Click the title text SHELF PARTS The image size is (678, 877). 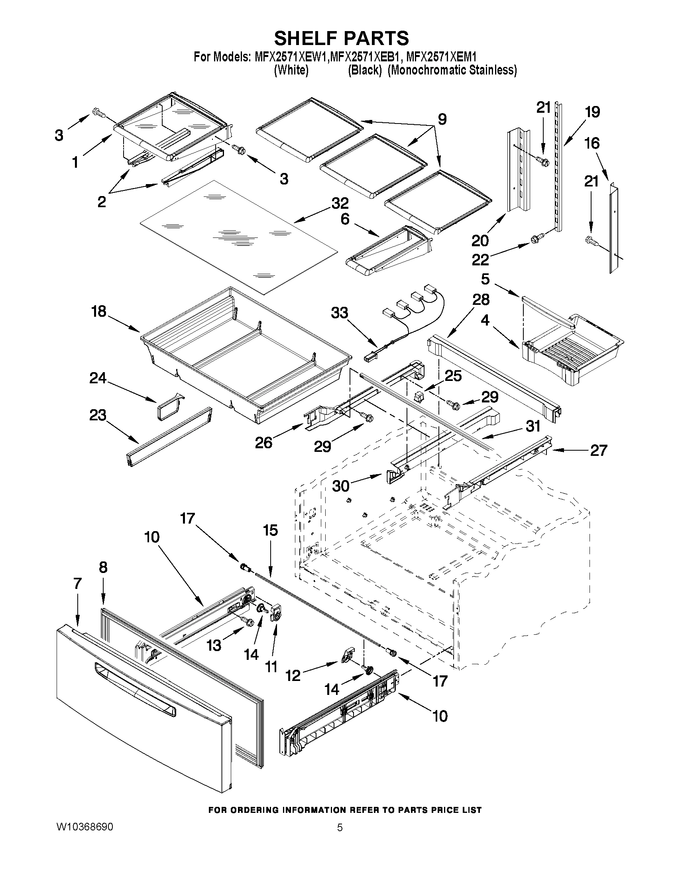click(342, 39)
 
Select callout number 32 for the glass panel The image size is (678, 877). click(340, 203)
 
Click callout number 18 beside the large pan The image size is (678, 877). click(98, 311)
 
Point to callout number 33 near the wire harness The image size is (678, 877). click(340, 313)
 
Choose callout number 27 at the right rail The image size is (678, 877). click(598, 450)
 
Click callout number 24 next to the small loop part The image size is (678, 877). click(98, 378)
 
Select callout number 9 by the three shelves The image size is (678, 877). click(442, 119)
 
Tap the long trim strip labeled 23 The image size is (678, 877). click(169, 437)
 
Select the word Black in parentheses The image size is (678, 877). click(364, 70)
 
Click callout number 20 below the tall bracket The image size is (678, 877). click(480, 241)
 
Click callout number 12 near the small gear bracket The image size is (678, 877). click(293, 676)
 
